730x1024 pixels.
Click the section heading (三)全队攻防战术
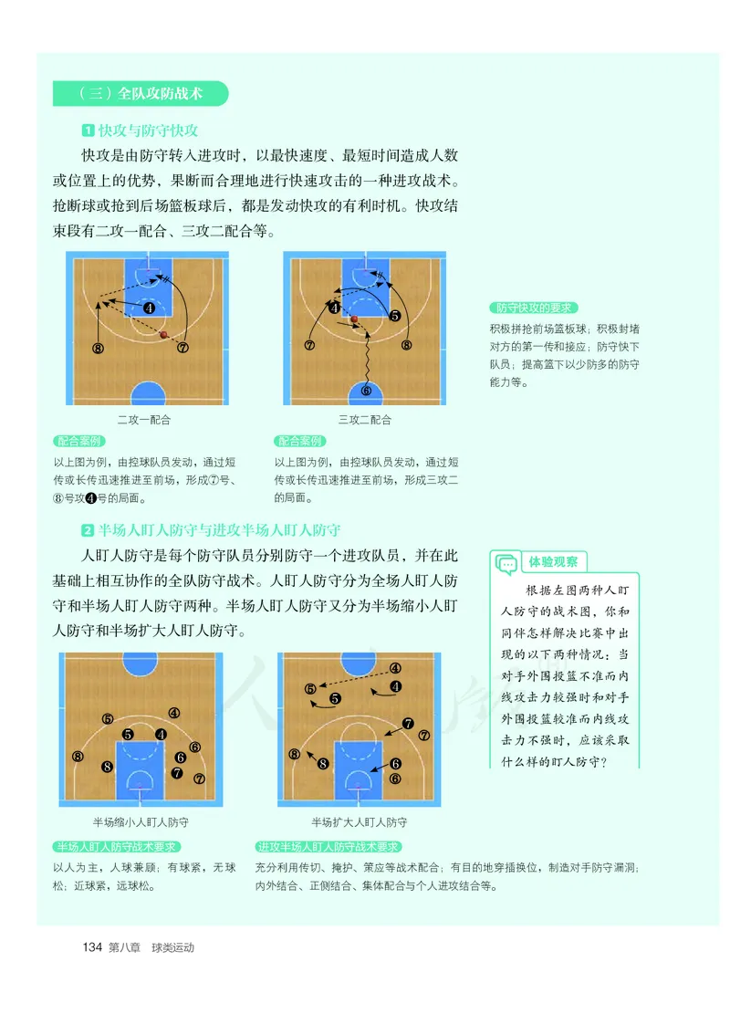tap(141, 94)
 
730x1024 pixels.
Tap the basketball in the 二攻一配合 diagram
tap(164, 335)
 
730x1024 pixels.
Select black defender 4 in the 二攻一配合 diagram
tap(148, 308)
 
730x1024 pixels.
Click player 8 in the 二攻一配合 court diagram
tap(98, 348)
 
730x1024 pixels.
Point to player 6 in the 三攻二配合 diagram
tap(367, 390)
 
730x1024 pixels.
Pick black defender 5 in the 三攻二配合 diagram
tap(394, 317)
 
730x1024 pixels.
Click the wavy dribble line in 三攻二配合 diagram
tap(367, 356)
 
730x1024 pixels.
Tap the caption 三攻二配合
tap(364, 420)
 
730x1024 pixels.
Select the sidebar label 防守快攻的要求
tap(534, 308)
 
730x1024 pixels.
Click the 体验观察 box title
tap(558, 562)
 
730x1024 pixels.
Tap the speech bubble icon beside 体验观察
tap(506, 565)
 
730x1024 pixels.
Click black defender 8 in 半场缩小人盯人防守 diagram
tap(108, 767)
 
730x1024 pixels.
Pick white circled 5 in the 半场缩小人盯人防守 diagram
tap(108, 719)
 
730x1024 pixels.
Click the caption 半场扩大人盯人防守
tap(359, 821)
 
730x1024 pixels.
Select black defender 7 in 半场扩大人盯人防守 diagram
tap(408, 725)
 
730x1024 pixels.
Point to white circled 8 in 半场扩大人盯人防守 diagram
tap(294, 754)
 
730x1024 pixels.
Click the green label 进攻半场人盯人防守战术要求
tap(329, 847)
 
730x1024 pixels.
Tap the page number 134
tap(91, 947)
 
